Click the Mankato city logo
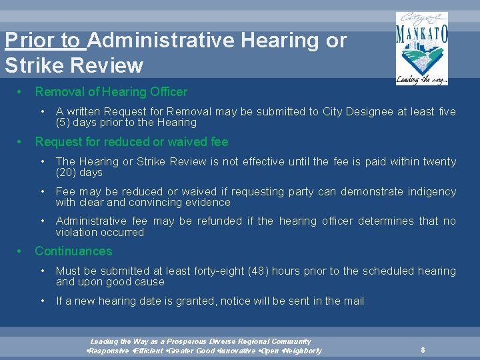421,49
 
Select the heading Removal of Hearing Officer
111,92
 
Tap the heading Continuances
73,251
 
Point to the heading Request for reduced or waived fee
131,142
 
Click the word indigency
431,192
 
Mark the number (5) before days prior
64,123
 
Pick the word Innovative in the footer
237,351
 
